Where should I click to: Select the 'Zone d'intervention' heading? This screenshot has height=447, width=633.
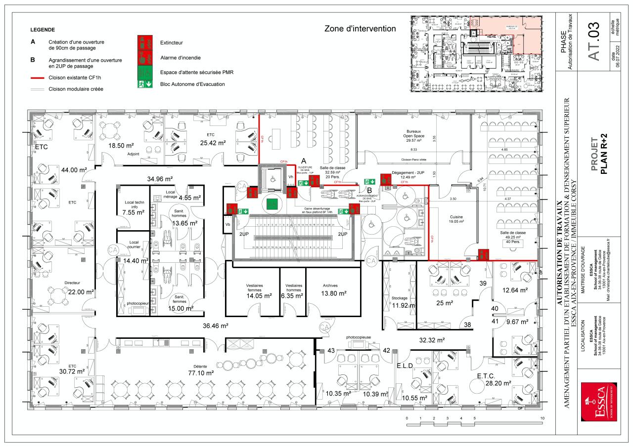pyautogui.click(x=360, y=29)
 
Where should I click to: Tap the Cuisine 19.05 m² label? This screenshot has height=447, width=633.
pyautogui.click(x=456, y=219)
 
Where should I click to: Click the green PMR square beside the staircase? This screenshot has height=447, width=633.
pyautogui.click(x=271, y=203)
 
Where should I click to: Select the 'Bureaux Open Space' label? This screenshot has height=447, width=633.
pyautogui.click(x=413, y=134)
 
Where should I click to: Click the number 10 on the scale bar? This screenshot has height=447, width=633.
pyautogui.click(x=543, y=418)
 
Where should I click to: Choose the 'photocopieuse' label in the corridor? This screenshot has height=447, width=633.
pyautogui.click(x=359, y=337)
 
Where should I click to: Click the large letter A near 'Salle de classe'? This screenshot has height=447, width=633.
pyautogui.click(x=305, y=161)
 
